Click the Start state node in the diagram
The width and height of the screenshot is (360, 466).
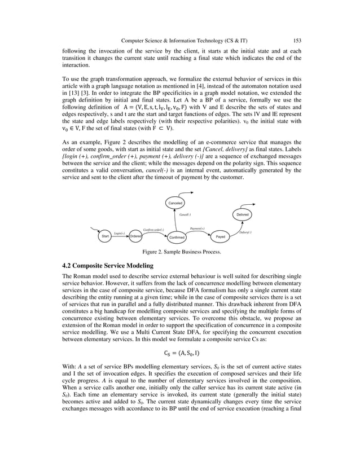[x=106, y=237]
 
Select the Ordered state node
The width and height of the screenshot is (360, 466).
[x=135, y=237]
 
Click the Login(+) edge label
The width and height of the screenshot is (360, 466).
[x=120, y=232]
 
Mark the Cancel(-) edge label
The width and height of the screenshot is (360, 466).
[x=185, y=215]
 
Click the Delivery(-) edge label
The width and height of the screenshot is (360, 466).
[x=245, y=232]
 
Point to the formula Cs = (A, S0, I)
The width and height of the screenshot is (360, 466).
[x=180, y=355]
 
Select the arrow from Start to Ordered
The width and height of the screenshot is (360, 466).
[x=121, y=237]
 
